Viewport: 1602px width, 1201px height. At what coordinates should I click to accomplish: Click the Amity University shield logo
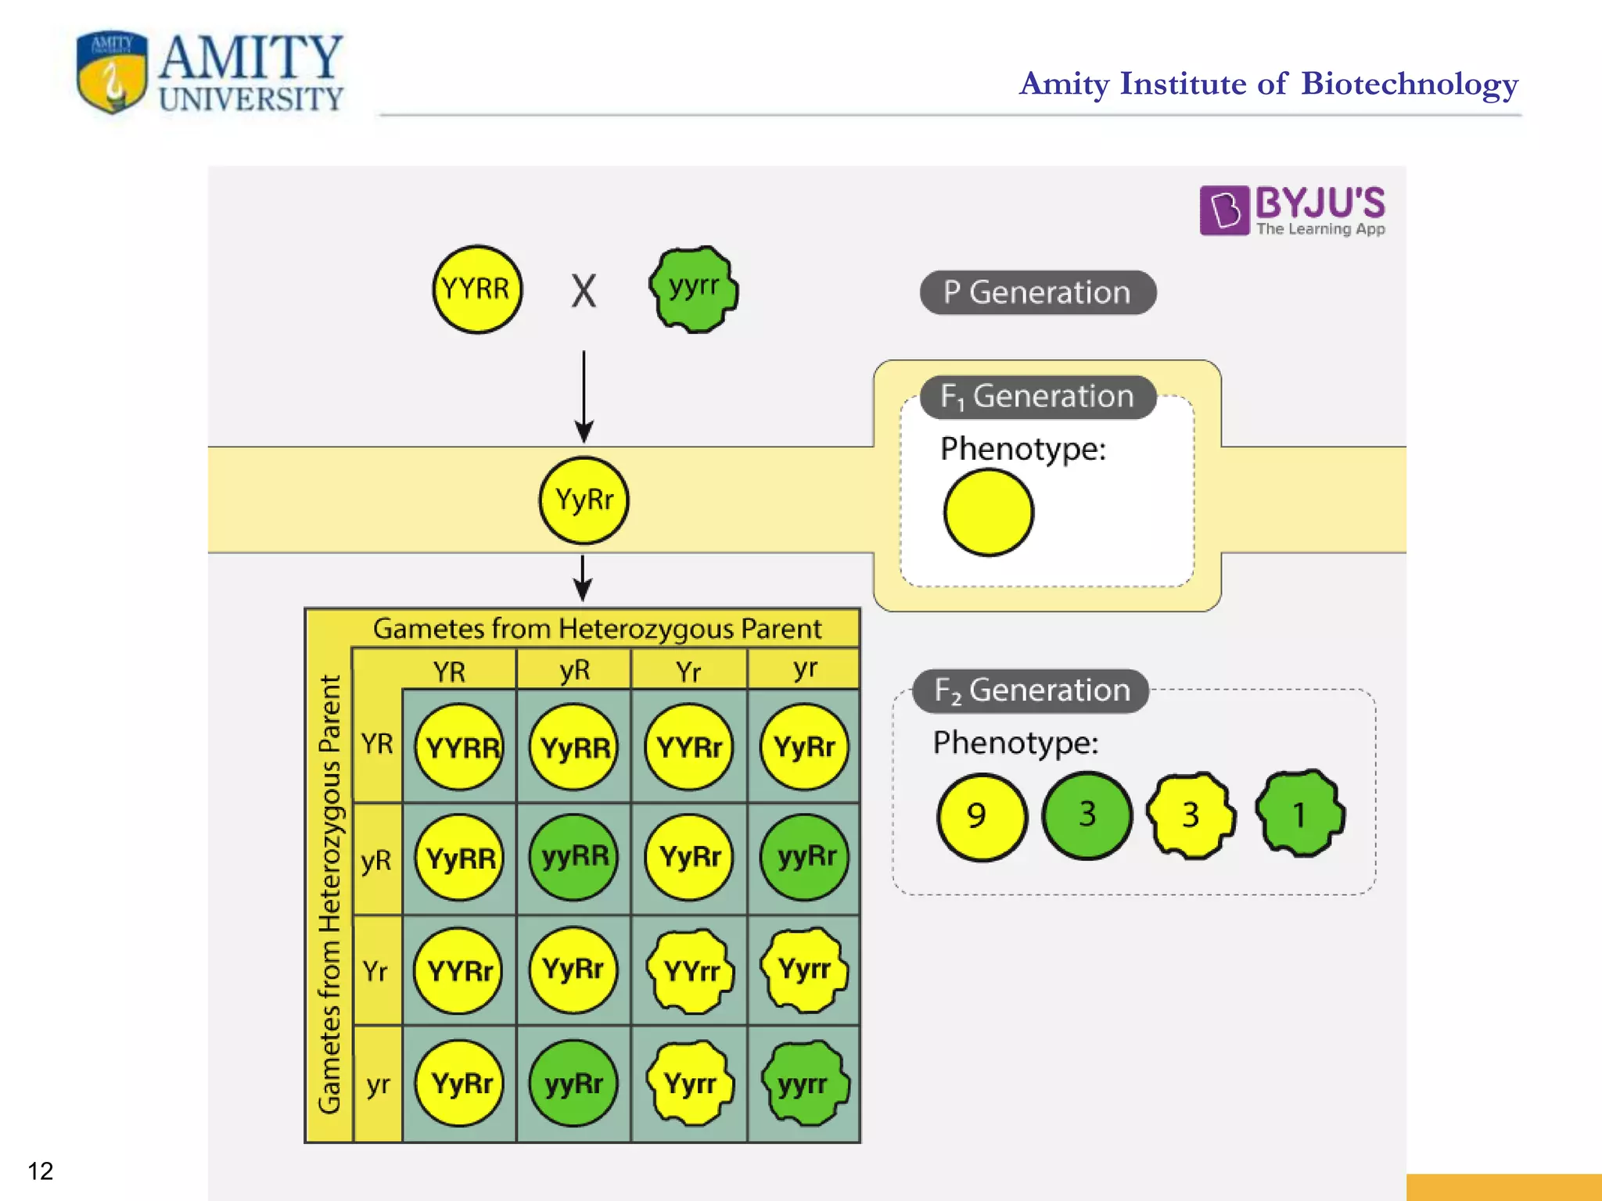pos(112,72)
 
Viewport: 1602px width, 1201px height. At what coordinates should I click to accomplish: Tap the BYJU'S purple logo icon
pos(1223,210)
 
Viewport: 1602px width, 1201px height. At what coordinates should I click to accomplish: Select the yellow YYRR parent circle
pos(476,289)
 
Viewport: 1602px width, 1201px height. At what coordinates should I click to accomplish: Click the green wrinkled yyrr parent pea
pos(693,289)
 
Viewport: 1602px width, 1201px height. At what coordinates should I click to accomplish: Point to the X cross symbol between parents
pos(584,292)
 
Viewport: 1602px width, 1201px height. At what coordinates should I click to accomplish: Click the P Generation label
pos(1037,292)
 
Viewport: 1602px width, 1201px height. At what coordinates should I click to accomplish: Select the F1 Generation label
pos(1037,396)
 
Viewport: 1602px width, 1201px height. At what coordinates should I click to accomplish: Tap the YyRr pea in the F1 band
pos(584,500)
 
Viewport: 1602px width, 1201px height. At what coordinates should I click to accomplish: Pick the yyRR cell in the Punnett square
pos(574,857)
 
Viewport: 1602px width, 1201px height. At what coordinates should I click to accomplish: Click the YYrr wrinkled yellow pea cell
pos(690,971)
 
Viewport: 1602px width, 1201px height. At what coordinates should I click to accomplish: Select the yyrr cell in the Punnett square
pos(804,1084)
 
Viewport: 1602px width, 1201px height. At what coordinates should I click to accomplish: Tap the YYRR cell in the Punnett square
pos(460,747)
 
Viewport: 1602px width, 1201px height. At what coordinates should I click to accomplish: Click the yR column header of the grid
pos(574,670)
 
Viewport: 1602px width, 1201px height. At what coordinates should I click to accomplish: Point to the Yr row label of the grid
pos(375,971)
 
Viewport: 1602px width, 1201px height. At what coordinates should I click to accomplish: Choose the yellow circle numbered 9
pos(981,816)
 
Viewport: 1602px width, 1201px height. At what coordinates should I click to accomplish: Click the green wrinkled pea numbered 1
pos(1299,815)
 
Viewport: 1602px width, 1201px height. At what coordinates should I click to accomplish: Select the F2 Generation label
pos(1031,690)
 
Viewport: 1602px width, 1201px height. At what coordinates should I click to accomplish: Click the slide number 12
pos(41,1171)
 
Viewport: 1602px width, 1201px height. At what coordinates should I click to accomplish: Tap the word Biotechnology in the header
pos(1410,84)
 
